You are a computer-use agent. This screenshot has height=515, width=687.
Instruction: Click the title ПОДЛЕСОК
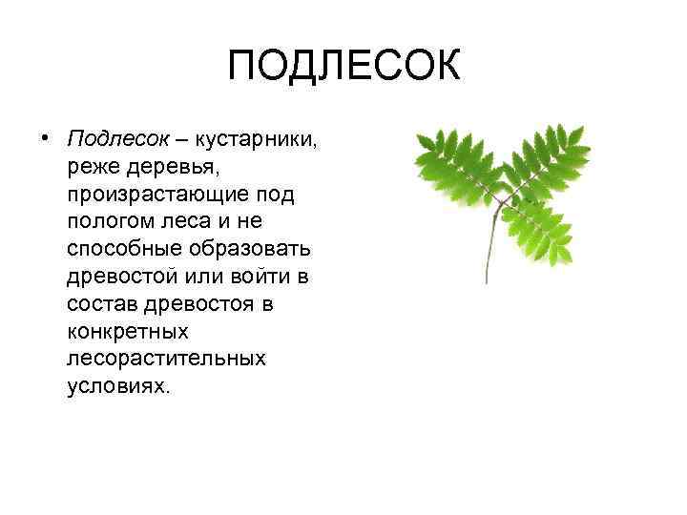343,67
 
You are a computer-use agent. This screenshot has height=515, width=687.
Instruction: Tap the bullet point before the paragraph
44,139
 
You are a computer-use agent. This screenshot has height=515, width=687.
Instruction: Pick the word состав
101,305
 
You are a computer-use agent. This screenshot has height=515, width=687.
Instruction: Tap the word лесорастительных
167,360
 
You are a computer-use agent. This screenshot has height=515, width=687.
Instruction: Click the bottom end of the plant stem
486,280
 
